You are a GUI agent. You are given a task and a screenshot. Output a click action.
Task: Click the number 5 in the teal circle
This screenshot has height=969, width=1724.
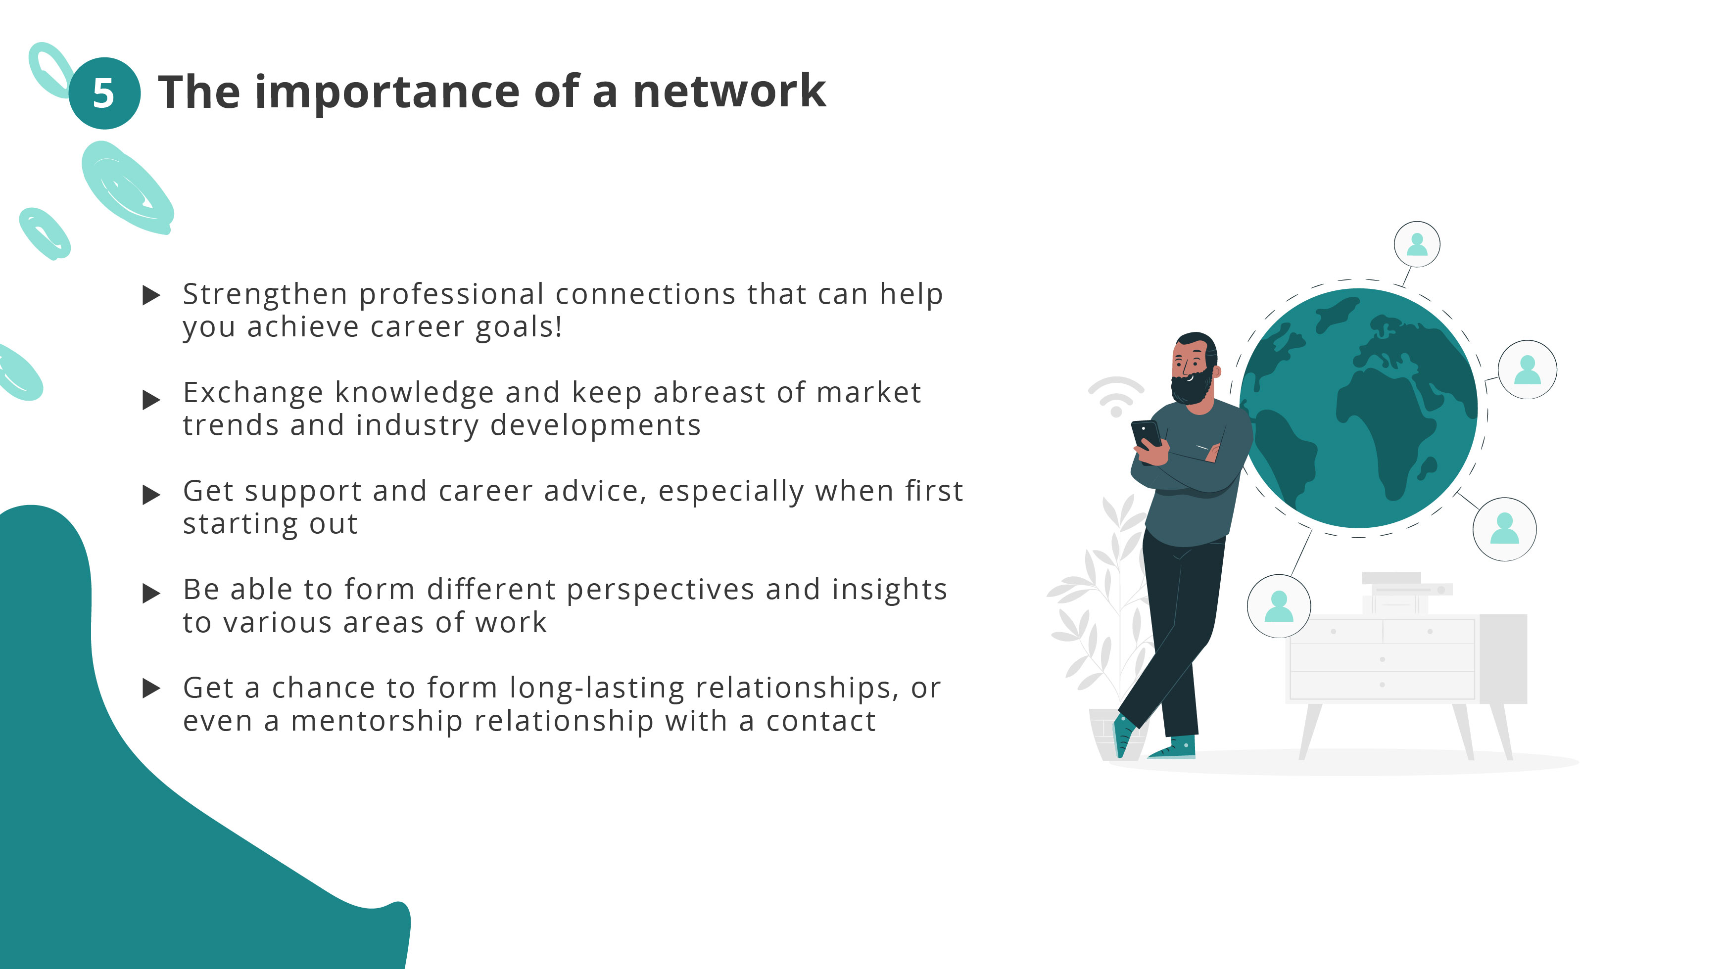pyautogui.click(x=104, y=93)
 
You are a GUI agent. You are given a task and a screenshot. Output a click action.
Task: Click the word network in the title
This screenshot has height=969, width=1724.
pyautogui.click(x=729, y=91)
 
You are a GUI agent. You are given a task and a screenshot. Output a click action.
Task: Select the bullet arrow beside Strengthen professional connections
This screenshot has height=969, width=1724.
pyautogui.click(x=152, y=295)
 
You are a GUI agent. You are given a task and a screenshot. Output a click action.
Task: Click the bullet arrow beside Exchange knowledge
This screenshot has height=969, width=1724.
pyautogui.click(x=152, y=400)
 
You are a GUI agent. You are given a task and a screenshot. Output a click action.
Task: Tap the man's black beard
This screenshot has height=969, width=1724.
pyautogui.click(x=1191, y=388)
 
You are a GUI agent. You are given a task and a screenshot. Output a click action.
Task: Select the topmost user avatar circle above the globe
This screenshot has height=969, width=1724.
pyautogui.click(x=1417, y=244)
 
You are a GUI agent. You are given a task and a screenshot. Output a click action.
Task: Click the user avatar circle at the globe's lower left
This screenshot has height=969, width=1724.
pyautogui.click(x=1278, y=605)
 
